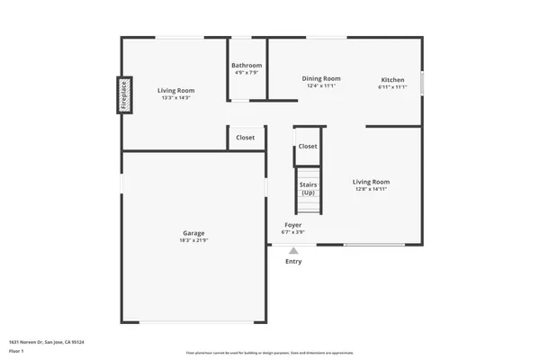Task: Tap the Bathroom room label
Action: [x=247, y=66]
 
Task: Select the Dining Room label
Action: [x=320, y=78]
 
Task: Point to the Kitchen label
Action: [x=392, y=80]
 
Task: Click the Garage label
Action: [x=193, y=232]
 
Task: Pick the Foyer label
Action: [x=292, y=225]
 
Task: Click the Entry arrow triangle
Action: [x=293, y=251]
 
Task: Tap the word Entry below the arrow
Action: [x=293, y=262]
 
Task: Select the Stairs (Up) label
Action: [x=308, y=188]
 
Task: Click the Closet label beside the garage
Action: [x=246, y=138]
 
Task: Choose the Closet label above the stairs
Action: [x=308, y=146]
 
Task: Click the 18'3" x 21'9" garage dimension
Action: [x=193, y=240]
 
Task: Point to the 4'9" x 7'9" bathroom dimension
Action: [x=246, y=73]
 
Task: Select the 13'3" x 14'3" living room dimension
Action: [x=176, y=98]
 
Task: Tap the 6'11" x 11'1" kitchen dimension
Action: [x=392, y=87]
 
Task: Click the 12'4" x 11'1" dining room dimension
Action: [x=320, y=85]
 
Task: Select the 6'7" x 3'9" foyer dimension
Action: [x=292, y=232]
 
